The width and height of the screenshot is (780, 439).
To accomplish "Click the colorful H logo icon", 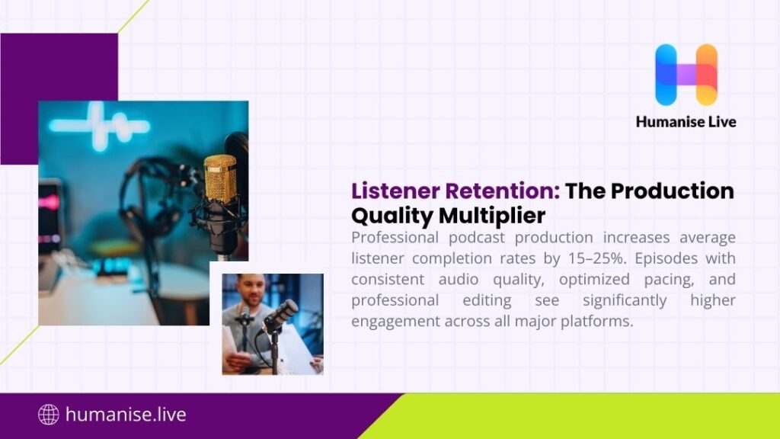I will tap(686, 74).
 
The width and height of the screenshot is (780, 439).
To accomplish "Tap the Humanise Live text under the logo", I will tap(686, 121).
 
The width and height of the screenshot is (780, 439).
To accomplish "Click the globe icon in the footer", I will tap(48, 415).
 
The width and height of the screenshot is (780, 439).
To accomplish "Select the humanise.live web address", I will tap(126, 415).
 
